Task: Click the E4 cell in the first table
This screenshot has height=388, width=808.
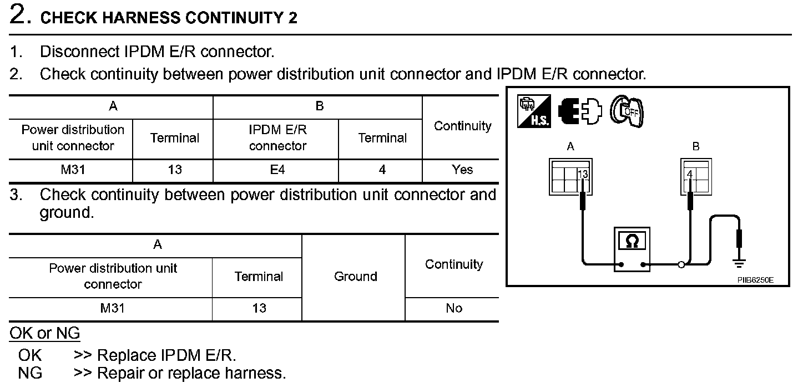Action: pyautogui.click(x=277, y=170)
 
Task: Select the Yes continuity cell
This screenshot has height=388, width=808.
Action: pyautogui.click(x=462, y=170)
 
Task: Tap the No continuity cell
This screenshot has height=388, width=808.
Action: pyautogui.click(x=453, y=309)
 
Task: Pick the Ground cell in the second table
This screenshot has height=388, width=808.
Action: pyautogui.click(x=355, y=277)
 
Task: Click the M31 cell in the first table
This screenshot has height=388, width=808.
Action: pyautogui.click(x=73, y=170)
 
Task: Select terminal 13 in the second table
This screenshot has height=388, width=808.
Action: pyautogui.click(x=259, y=309)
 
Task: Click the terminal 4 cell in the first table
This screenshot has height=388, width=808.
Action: pyautogui.click(x=382, y=170)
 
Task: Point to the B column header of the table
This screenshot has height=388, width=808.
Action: pyautogui.click(x=319, y=106)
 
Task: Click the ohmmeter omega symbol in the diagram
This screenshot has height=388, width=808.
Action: pyautogui.click(x=632, y=241)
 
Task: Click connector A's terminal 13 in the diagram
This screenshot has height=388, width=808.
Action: pyautogui.click(x=582, y=175)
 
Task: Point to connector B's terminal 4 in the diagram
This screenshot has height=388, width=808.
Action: pyautogui.click(x=690, y=174)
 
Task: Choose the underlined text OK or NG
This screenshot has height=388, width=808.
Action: pyautogui.click(x=44, y=334)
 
